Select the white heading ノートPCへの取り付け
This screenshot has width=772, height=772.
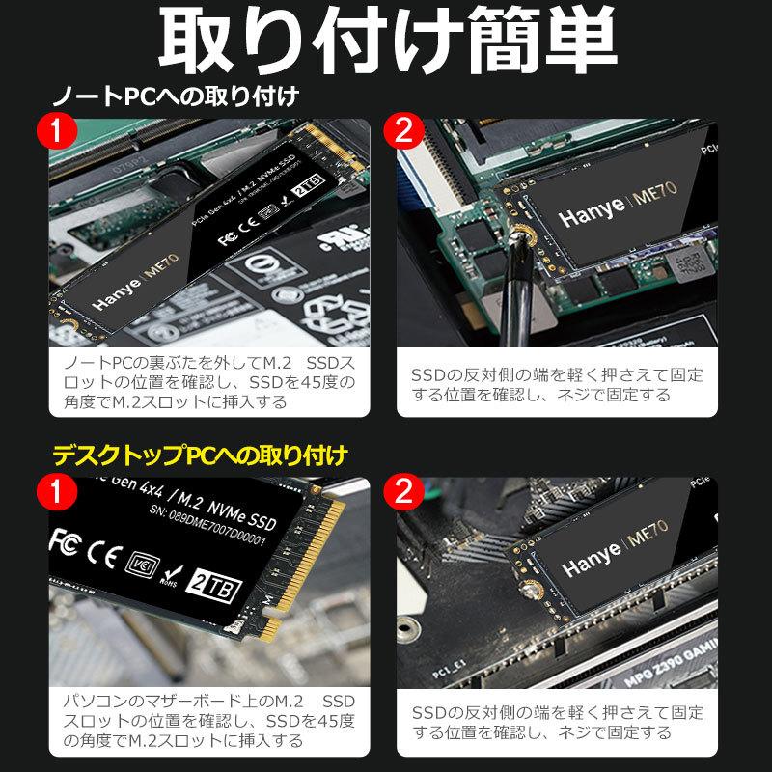point(174,96)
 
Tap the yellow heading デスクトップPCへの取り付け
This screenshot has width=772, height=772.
point(200,453)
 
